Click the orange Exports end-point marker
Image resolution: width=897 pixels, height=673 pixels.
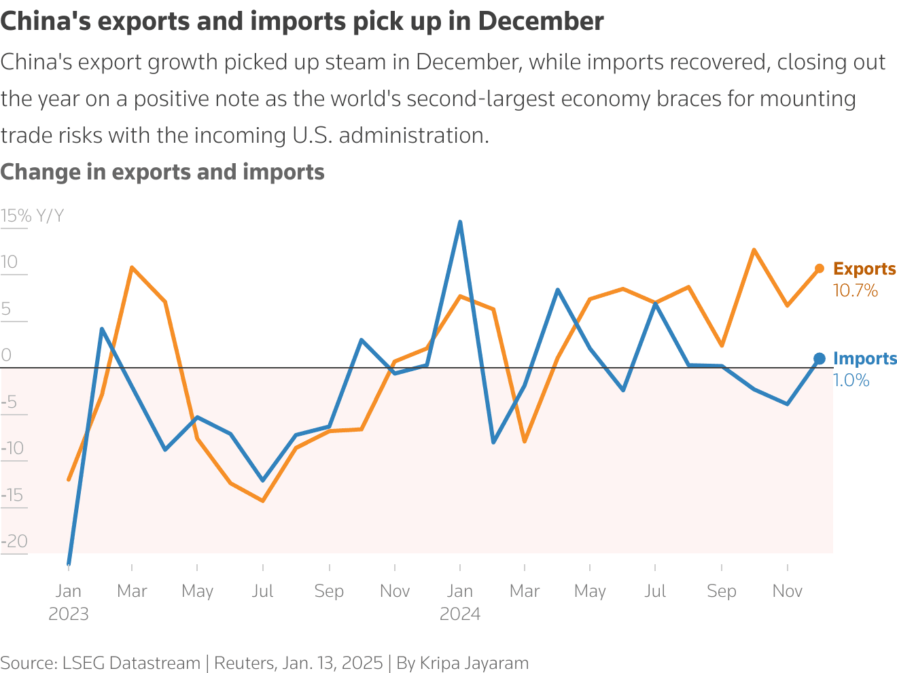pyautogui.click(x=820, y=269)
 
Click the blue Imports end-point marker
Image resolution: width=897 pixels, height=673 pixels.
pyautogui.click(x=820, y=358)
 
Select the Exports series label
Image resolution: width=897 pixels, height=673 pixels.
pyautogui.click(x=864, y=269)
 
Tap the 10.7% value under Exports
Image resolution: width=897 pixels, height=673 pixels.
pyautogui.click(x=855, y=291)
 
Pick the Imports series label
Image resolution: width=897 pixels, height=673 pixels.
pyautogui.click(x=864, y=358)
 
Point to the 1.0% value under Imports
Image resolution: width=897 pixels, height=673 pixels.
pyautogui.click(x=851, y=381)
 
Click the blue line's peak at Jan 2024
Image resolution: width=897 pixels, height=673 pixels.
pyautogui.click(x=460, y=222)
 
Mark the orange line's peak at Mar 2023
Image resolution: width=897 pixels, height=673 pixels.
pyautogui.click(x=132, y=268)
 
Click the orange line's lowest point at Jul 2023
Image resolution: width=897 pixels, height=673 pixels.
pyautogui.click(x=262, y=501)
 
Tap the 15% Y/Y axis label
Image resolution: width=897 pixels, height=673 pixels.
pyautogui.click(x=32, y=216)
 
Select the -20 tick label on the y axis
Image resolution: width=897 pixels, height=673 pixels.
pyautogui.click(x=14, y=541)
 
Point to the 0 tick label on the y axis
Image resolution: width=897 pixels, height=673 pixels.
pyautogui.click(x=7, y=355)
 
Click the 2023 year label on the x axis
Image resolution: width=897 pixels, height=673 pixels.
pyautogui.click(x=68, y=614)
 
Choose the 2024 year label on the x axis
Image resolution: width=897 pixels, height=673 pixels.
pyautogui.click(x=460, y=614)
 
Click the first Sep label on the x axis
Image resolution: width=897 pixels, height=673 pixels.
pyautogui.click(x=329, y=591)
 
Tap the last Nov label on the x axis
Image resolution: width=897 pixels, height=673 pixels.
pyautogui.click(x=787, y=591)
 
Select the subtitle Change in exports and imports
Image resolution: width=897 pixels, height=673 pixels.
pyautogui.click(x=162, y=172)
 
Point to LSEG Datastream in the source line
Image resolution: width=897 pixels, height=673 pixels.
pyautogui.click(x=131, y=663)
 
